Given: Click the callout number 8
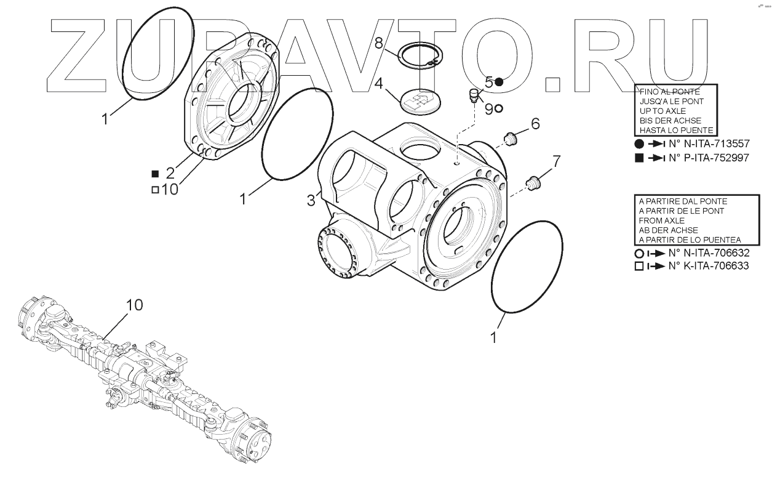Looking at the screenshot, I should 379,42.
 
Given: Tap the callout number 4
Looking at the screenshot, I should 380,82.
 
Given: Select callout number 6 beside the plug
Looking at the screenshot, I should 535,124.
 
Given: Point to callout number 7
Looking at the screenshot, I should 556,162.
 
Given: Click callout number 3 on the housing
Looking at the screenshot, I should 311,200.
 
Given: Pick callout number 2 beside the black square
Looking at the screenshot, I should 170,173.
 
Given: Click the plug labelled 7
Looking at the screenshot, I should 533,182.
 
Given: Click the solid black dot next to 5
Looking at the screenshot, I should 499,82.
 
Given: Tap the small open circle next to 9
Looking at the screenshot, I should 498,108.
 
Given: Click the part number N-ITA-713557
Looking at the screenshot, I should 708,143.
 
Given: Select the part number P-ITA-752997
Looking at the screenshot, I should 708,158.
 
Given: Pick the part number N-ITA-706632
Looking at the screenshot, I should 708,254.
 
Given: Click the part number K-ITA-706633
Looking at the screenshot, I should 708,267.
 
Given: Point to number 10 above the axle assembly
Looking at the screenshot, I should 135,305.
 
